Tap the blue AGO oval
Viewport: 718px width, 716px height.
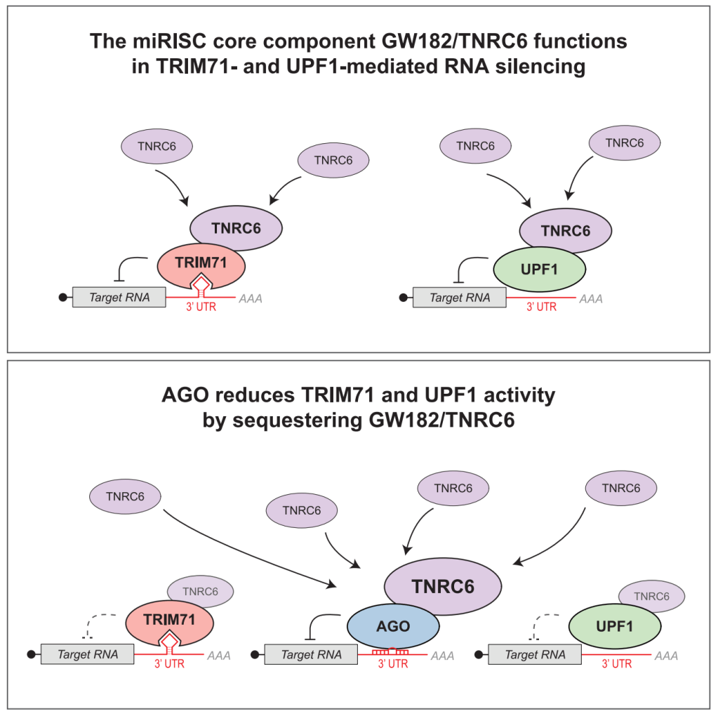pos(393,625)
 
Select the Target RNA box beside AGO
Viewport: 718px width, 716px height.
pos(311,655)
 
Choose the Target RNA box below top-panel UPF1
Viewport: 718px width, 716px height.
pos(459,298)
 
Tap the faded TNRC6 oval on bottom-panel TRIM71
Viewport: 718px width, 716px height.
pos(201,592)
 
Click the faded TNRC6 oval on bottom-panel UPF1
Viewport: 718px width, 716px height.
pos(651,597)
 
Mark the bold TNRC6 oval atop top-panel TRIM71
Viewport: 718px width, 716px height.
pos(236,229)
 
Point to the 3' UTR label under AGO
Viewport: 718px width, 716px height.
pos(393,664)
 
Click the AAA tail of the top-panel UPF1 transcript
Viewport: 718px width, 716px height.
pos(592,298)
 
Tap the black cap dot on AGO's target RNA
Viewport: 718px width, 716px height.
pos(255,655)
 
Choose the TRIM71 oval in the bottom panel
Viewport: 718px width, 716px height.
pos(169,621)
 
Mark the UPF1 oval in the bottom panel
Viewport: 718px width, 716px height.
pos(614,625)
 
